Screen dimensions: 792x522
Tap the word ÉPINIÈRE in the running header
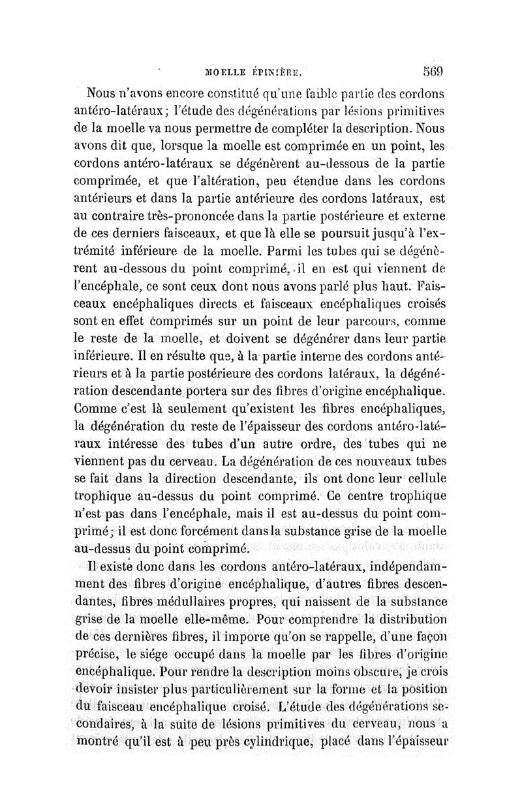pyautogui.click(x=278, y=72)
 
